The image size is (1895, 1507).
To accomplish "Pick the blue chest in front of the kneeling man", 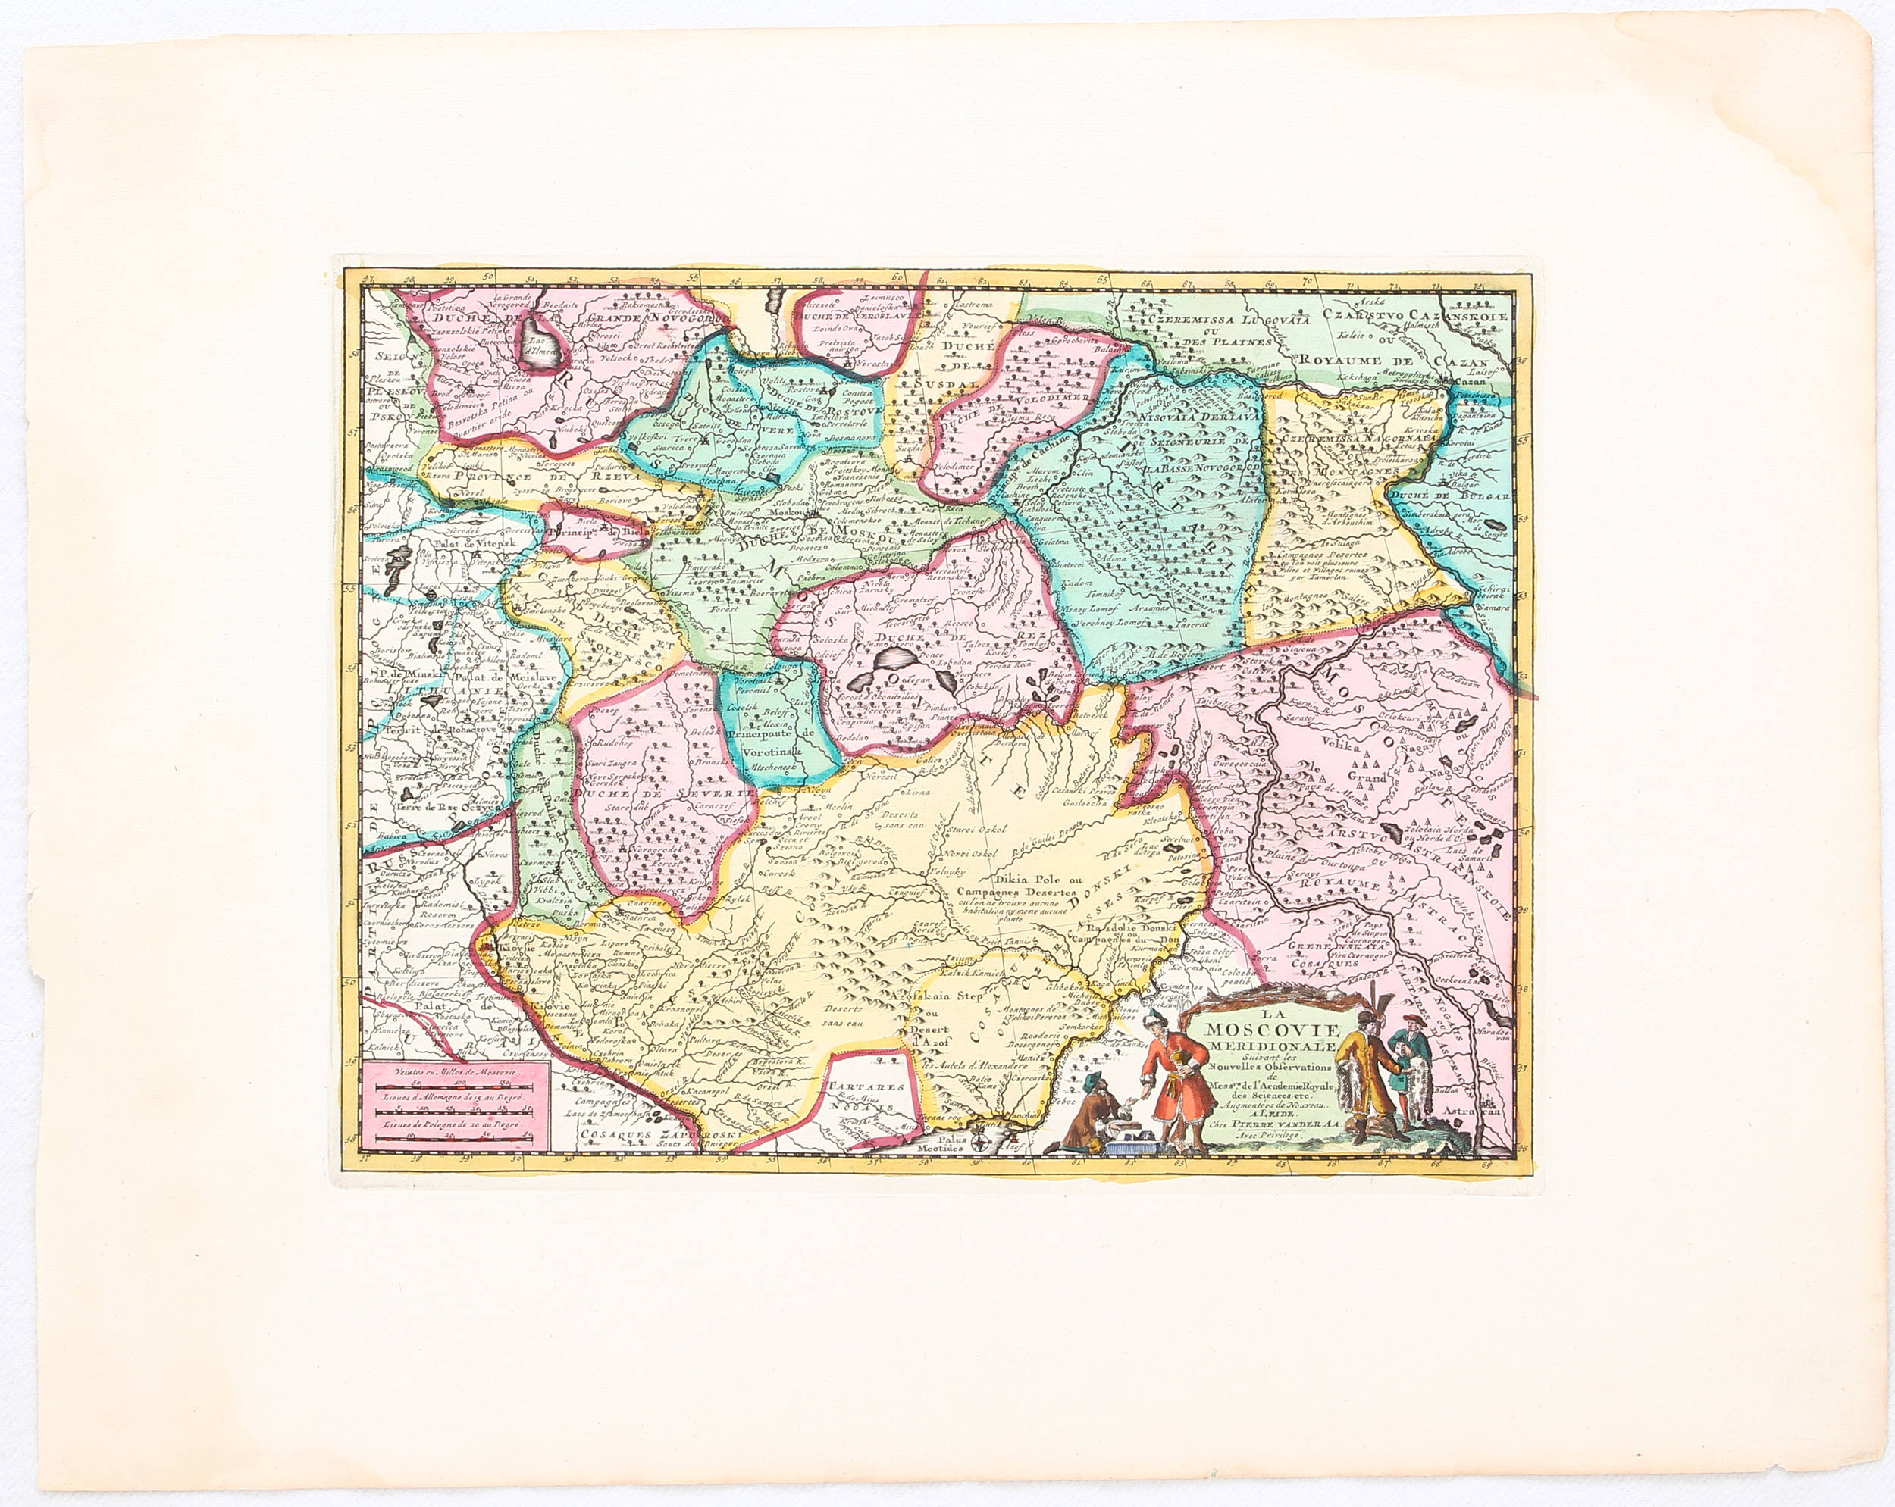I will (1134, 1143).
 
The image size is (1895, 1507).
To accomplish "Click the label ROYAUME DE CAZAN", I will (1393, 361).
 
